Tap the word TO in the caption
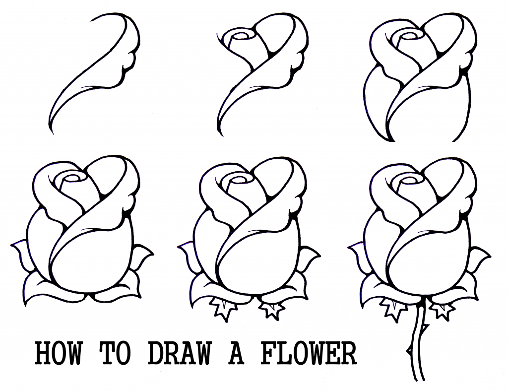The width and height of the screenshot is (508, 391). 118,354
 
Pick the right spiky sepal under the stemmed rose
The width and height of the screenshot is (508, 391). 441,310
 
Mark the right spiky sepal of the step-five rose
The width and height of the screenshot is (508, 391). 272,310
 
